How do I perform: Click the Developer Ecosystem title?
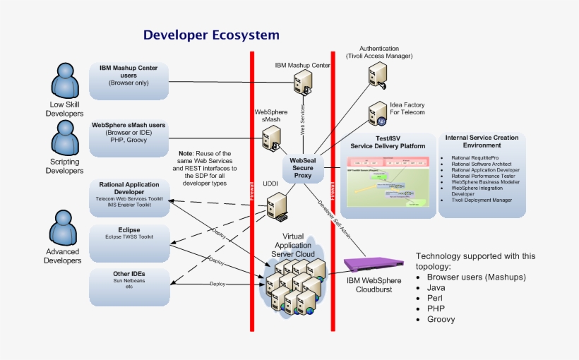(211, 35)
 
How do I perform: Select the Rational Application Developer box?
(129, 194)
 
